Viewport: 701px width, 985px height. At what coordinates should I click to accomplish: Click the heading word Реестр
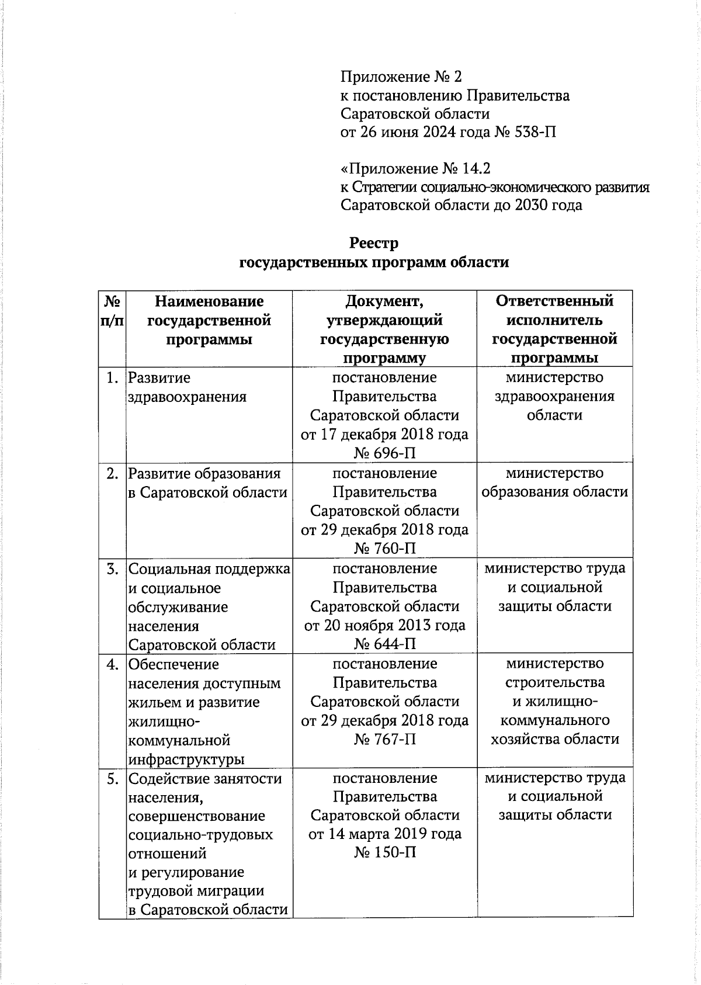[374, 243]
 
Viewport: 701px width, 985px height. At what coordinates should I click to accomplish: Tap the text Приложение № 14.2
[415, 169]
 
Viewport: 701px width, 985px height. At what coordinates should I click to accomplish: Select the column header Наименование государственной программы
[209, 320]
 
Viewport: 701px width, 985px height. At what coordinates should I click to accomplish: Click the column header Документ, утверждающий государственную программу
[384, 329]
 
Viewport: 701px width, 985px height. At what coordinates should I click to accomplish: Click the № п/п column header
[113, 311]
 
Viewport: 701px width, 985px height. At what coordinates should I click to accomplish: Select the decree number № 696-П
[385, 453]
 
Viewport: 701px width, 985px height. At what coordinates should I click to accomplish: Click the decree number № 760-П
[385, 548]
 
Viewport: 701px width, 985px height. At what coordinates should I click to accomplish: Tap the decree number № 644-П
[385, 644]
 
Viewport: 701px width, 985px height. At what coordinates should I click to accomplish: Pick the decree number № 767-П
[385, 739]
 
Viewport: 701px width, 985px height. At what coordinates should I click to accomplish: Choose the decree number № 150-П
[385, 852]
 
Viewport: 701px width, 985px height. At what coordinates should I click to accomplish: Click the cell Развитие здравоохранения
[187, 387]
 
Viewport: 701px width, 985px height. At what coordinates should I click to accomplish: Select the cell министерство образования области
[554, 483]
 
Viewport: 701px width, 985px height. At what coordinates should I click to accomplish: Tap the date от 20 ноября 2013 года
[385, 625]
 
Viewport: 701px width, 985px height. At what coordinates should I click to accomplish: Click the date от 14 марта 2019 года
[385, 834]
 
